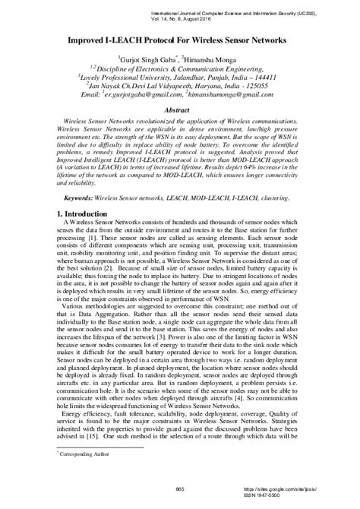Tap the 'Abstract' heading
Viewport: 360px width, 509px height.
click(x=180, y=109)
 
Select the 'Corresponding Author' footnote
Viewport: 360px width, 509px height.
click(x=84, y=474)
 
